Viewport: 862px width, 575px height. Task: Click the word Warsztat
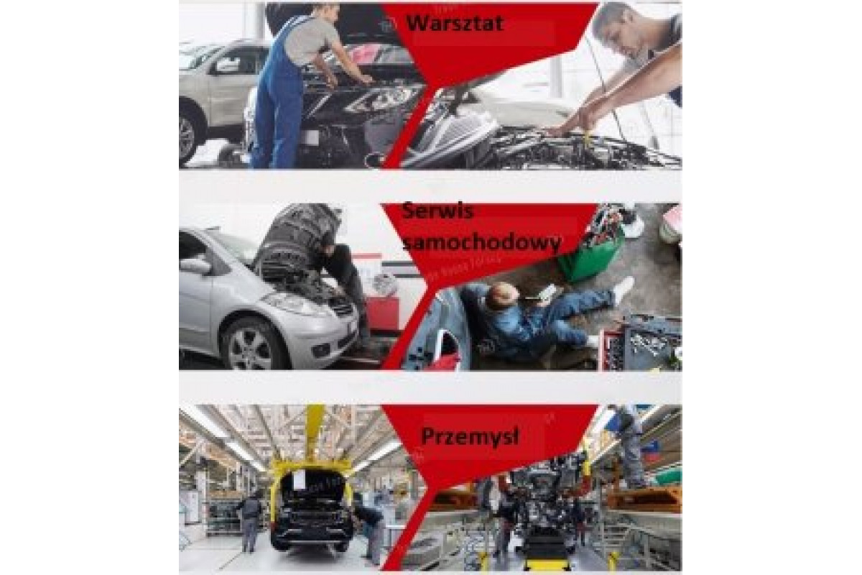(455, 23)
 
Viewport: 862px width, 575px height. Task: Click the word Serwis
(437, 211)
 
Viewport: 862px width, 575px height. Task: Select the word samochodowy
(482, 242)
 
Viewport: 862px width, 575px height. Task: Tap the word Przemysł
(470, 437)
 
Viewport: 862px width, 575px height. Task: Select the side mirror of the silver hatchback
(195, 265)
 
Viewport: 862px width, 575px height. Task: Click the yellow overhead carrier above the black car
(312, 443)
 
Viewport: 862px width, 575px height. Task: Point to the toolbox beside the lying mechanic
(641, 343)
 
